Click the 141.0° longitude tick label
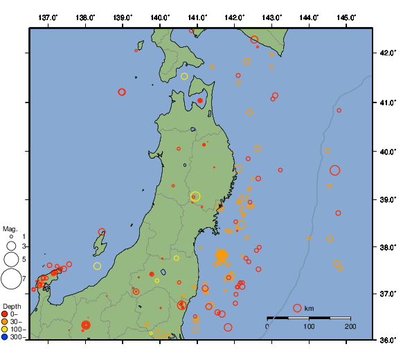coord(197,17)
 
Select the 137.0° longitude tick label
coord(48,17)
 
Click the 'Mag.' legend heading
coord(10,228)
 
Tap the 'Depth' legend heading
coord(12,306)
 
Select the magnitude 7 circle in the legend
coord(10,279)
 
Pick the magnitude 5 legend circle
coord(10,259)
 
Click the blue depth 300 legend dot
coord(5,337)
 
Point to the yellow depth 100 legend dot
coord(5,330)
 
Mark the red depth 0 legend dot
coord(5,314)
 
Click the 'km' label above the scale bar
coord(309,308)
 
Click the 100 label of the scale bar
coord(309,326)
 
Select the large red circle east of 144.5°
coord(335,170)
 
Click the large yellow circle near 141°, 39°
coord(195,197)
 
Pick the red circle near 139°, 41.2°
coord(122,92)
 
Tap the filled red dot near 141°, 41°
coord(200,100)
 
